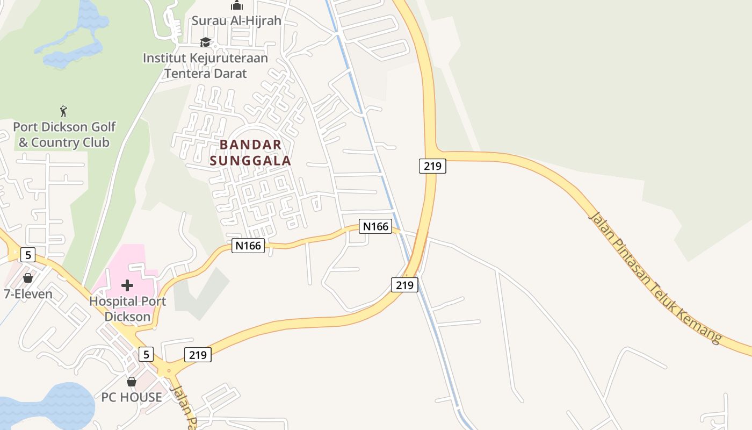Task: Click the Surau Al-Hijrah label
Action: (236, 21)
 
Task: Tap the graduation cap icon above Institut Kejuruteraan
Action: (205, 42)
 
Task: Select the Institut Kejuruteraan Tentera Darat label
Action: (205, 65)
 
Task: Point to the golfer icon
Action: (64, 111)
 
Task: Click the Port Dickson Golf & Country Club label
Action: (64, 134)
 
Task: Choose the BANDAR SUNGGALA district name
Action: (250, 152)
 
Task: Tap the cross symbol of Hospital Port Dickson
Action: (127, 285)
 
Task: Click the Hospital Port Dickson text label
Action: (127, 309)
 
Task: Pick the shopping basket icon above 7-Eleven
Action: (28, 278)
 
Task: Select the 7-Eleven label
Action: (28, 294)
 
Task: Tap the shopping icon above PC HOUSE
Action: (132, 382)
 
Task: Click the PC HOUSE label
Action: (132, 397)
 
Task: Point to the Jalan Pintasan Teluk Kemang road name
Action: (655, 277)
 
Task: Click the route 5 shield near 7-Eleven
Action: (28, 255)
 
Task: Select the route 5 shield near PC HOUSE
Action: (146, 354)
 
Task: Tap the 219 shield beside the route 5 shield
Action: (198, 355)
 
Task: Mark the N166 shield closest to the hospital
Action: (248, 246)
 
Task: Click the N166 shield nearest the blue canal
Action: (375, 226)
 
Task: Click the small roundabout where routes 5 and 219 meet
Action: (169, 370)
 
